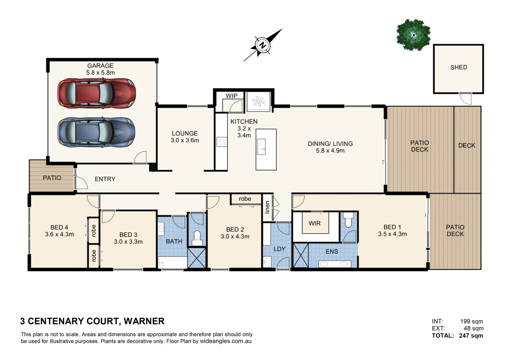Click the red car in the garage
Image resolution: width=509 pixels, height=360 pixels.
point(96,93)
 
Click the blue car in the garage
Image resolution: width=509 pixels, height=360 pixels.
point(96,132)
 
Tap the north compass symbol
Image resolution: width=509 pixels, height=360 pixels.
point(263,45)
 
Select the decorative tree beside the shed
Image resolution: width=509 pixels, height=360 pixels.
point(413,35)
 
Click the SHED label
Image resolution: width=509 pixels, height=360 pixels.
point(459,67)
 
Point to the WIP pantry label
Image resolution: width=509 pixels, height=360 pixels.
point(231,96)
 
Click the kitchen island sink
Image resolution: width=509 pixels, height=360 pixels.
point(261,147)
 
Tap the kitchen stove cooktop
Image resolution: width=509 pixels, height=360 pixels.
point(221,142)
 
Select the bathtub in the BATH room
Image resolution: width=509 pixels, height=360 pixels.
point(172,262)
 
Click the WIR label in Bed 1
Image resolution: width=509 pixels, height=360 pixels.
point(314,223)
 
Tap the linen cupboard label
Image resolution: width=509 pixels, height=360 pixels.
point(267,207)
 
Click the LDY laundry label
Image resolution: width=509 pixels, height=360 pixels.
point(279,249)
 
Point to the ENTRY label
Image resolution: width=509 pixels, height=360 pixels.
point(105,179)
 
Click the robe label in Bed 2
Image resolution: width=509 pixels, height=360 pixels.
point(245,199)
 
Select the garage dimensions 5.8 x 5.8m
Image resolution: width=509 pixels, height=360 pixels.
point(100,73)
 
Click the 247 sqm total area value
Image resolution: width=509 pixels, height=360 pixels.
point(471,336)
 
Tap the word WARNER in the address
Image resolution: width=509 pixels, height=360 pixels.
point(144,321)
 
